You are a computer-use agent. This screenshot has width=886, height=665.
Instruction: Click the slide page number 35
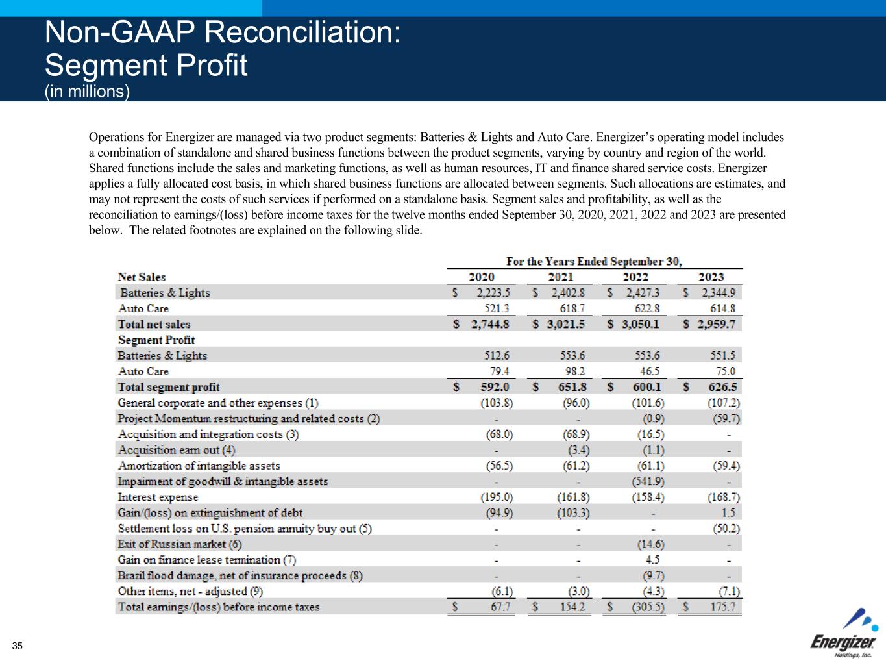(x=17, y=646)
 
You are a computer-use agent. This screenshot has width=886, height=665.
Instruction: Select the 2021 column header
(x=561, y=277)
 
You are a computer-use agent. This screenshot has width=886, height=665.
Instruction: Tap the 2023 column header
(x=711, y=277)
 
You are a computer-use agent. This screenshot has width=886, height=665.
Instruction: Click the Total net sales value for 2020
(x=489, y=324)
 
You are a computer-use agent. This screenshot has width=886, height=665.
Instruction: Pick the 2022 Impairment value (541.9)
(x=648, y=481)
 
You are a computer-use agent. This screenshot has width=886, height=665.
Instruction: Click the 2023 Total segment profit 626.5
(x=721, y=387)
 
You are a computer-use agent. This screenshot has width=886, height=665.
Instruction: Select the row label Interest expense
(x=158, y=497)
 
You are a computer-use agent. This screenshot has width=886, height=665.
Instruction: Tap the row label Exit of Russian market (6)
(x=179, y=544)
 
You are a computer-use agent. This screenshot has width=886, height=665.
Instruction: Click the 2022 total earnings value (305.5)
(x=646, y=607)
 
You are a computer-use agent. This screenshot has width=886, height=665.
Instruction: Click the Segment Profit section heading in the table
(x=156, y=340)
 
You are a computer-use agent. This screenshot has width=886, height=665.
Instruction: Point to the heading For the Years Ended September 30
(x=594, y=261)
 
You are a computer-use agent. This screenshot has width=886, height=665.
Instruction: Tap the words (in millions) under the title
(x=87, y=92)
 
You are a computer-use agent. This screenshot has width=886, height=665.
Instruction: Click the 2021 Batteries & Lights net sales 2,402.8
(x=567, y=293)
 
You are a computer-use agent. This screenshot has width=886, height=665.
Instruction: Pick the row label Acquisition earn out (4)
(x=177, y=450)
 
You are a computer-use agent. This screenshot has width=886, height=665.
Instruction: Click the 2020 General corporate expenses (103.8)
(x=497, y=403)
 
